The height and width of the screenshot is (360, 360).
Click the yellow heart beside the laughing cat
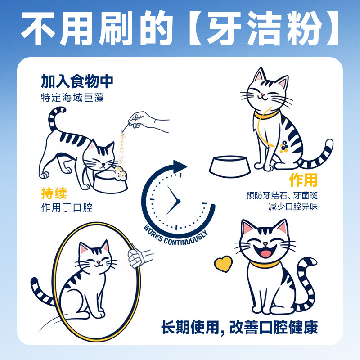tap(223, 264)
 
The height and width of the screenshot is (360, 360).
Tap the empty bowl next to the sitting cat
tap(229, 166)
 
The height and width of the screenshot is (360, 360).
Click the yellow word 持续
tap(54, 193)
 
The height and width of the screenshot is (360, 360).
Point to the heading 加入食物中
tap(77, 81)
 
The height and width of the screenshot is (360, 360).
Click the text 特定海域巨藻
tap(72, 98)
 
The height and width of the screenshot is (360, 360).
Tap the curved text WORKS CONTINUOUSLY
tap(175, 237)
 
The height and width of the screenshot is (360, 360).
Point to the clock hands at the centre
tap(173, 200)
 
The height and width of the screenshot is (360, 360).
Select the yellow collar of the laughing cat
tap(265, 264)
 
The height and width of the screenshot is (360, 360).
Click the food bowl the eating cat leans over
tap(110, 183)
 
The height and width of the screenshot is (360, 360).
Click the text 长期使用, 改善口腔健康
tap(239, 328)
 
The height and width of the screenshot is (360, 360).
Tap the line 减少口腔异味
tap(293, 207)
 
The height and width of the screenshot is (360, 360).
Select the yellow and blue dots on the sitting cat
tap(284, 147)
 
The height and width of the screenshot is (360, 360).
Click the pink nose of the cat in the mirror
tap(98, 262)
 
